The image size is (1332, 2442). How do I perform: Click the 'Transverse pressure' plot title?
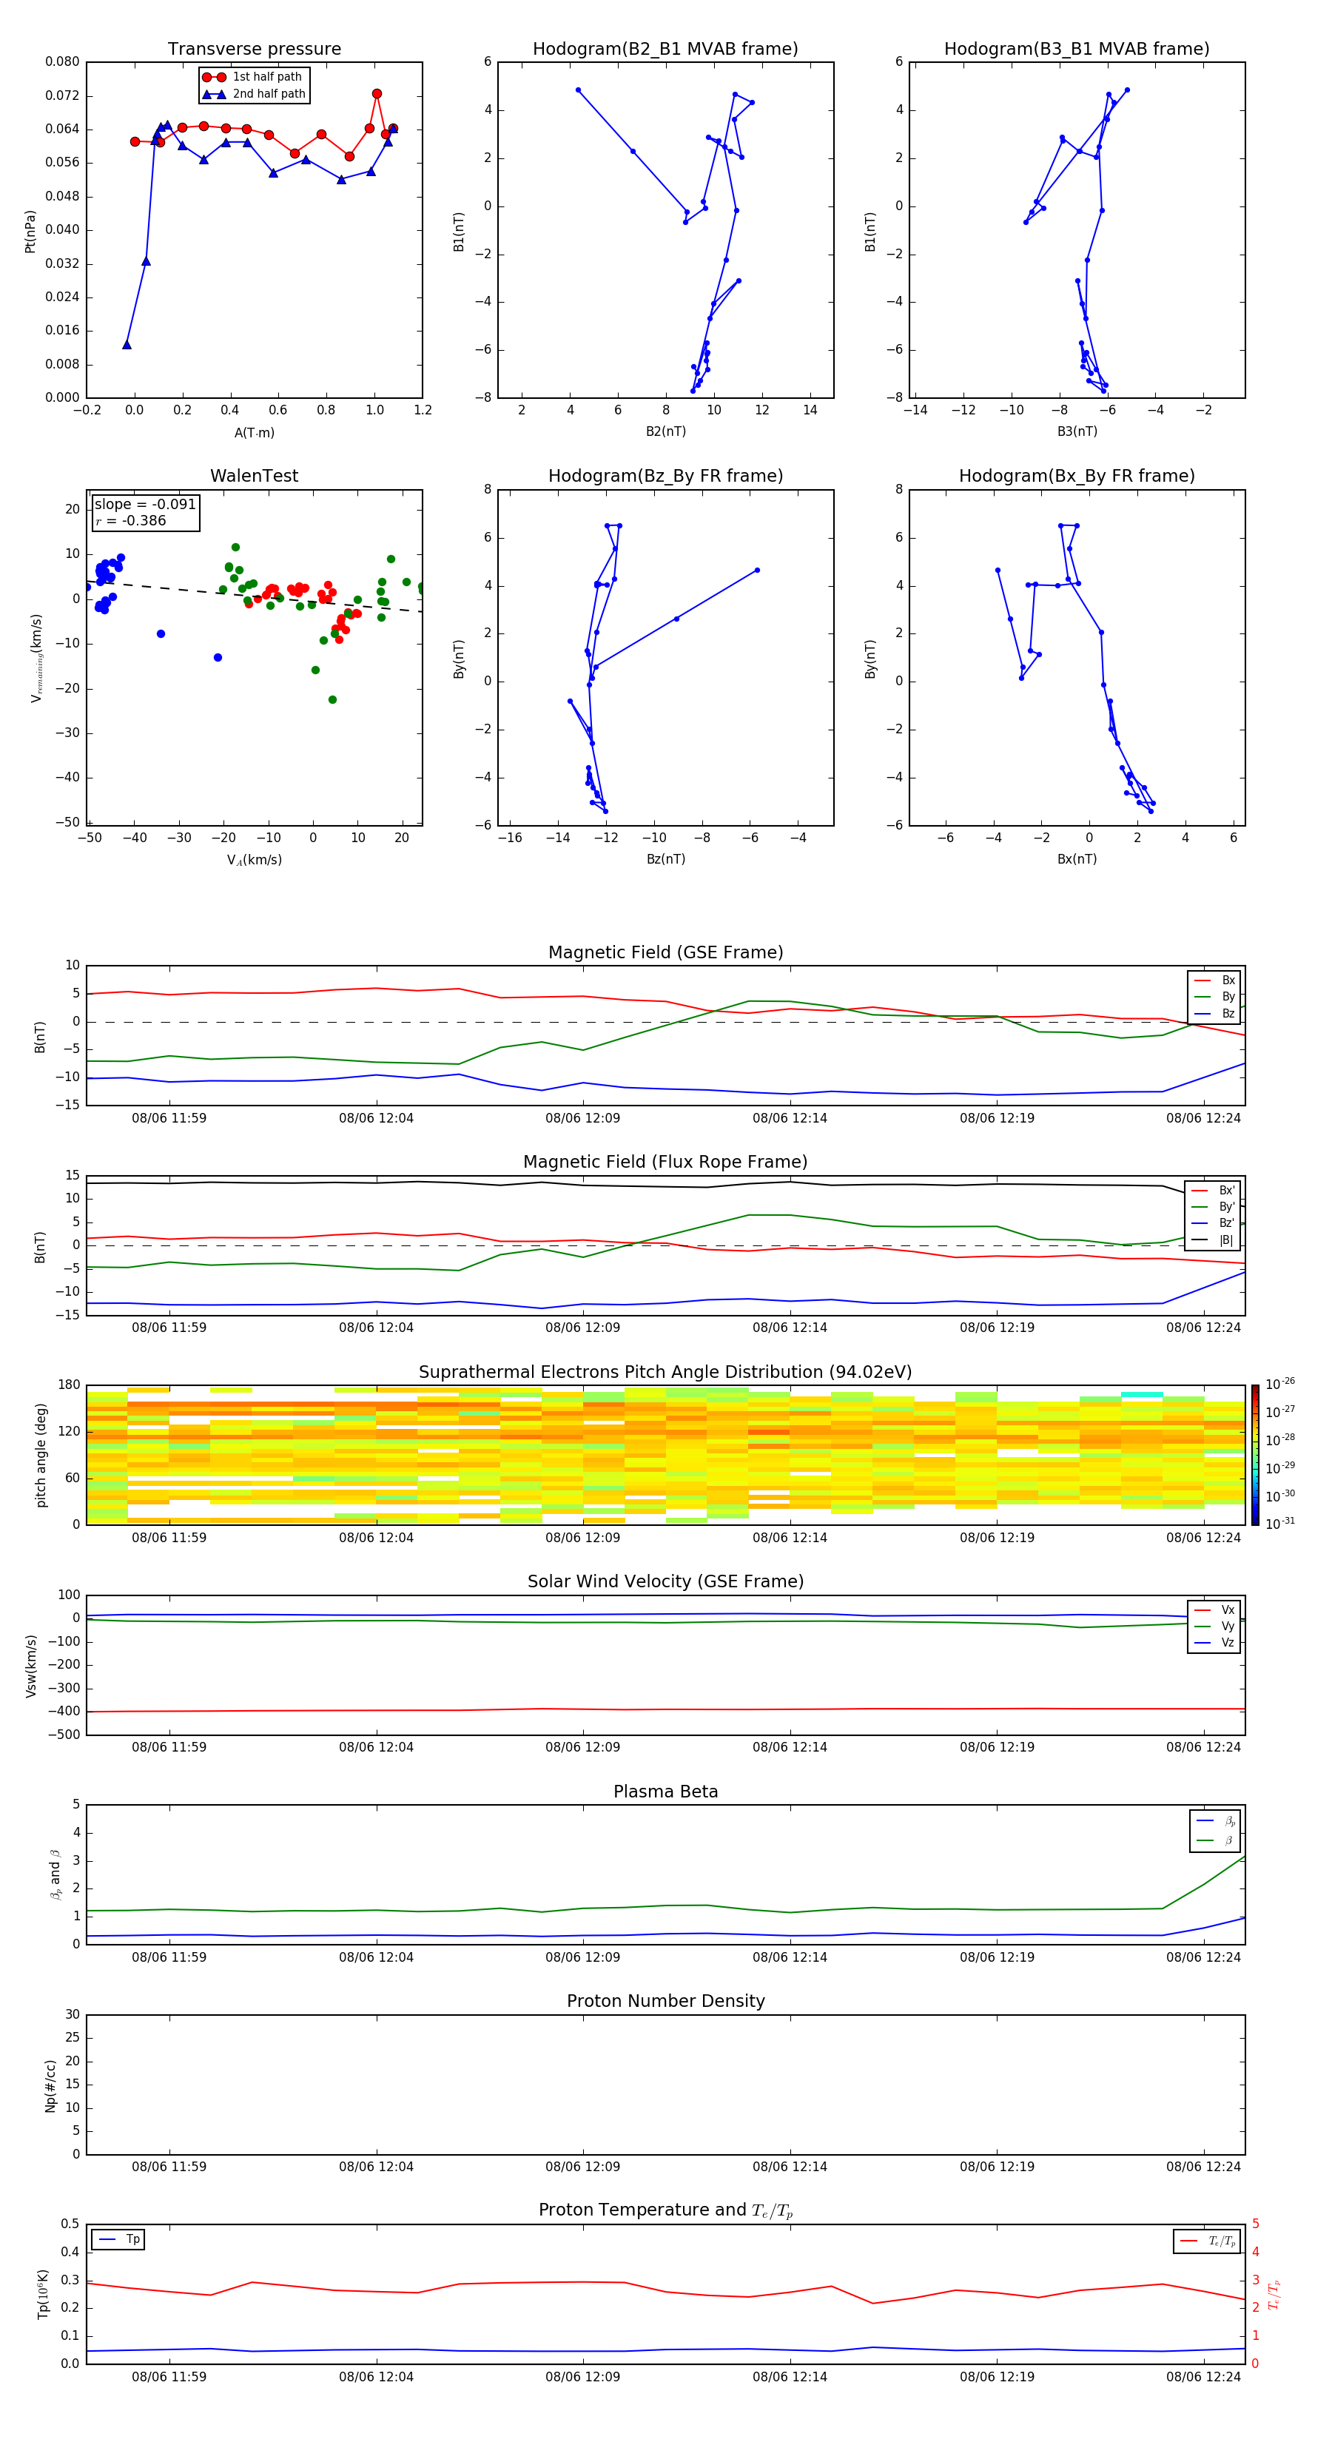point(254,50)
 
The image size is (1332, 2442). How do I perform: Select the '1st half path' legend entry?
point(266,77)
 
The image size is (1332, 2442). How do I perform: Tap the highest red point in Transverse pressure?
point(377,94)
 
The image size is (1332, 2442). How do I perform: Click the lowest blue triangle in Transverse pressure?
point(127,345)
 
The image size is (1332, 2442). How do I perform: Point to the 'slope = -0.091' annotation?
point(145,505)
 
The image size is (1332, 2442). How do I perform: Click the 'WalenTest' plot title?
point(254,476)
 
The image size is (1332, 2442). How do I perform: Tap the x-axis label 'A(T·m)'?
point(254,433)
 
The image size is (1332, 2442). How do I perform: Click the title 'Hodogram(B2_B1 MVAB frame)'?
point(665,50)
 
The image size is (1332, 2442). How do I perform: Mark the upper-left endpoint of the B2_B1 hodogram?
point(577,90)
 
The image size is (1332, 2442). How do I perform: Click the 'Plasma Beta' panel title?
point(665,1792)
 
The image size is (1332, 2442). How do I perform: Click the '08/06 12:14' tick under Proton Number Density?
point(790,2166)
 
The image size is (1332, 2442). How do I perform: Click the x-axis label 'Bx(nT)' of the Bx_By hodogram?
point(1077,859)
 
